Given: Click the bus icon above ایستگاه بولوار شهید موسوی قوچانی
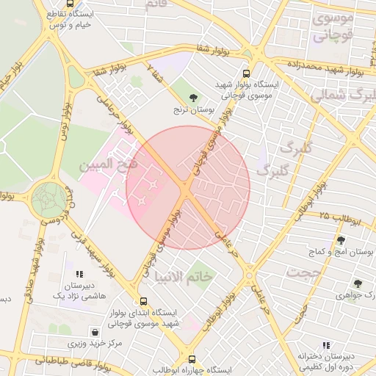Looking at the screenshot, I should pyautogui.click(x=245, y=73).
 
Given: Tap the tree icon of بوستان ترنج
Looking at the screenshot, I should pyautogui.click(x=193, y=97).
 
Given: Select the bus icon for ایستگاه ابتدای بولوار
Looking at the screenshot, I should pyautogui.click(x=142, y=301).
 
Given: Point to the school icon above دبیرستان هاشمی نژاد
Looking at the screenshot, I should pyautogui.click(x=79, y=274).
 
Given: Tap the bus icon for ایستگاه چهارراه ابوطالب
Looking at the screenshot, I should pyautogui.click(x=192, y=359).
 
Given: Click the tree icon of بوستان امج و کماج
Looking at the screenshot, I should pyautogui.click(x=340, y=240).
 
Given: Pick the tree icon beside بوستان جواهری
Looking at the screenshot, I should pyautogui.click(x=358, y=283).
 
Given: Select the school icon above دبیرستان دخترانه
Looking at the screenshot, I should pyautogui.click(x=326, y=345).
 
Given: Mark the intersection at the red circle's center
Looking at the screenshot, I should pyautogui.click(x=188, y=188).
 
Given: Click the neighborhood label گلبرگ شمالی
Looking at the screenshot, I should pyautogui.click(x=343, y=95).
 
